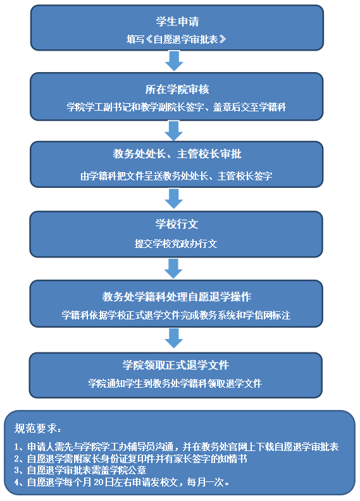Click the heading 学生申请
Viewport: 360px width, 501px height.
pos(177,22)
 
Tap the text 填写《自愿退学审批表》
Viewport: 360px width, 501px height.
pos(177,39)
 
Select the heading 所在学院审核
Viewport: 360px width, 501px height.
pos(177,89)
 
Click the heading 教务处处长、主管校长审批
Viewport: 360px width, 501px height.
pos(177,154)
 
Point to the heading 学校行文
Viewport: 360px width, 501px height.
pos(177,224)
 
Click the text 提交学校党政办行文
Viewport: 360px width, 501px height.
pos(176,244)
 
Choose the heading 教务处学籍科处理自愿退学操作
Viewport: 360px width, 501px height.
pos(177,297)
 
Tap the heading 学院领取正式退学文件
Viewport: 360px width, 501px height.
pos(176,365)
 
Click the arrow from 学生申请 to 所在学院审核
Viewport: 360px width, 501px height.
pos(174,61)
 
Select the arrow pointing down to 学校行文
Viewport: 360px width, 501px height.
pos(174,199)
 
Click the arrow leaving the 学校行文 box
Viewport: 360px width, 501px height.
pos(173,268)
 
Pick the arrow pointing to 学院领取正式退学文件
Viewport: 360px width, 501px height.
pos(174,338)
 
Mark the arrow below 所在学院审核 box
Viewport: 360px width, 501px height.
pos(174,131)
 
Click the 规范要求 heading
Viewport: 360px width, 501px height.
pos(38,428)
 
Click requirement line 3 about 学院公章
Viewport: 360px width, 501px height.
pos(80,470)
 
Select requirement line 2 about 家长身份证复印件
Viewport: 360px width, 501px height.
pos(130,459)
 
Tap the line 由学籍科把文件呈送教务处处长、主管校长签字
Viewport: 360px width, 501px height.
pos(177,176)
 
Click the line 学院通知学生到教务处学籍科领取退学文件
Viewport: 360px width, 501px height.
pos(175,383)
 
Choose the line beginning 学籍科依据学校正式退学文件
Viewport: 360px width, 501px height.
pos(176,315)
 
